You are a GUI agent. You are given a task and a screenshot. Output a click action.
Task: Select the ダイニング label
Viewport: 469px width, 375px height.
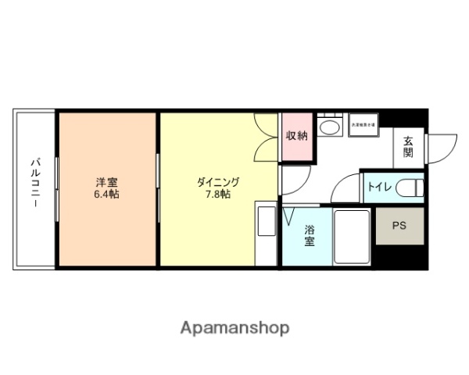(x=218, y=181)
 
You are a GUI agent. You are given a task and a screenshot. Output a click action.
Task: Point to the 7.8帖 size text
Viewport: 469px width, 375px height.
(x=218, y=194)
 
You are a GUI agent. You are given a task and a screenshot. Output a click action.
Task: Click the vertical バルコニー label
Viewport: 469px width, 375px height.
(x=34, y=188)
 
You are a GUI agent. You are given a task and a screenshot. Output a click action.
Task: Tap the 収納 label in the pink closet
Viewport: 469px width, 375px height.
(x=296, y=136)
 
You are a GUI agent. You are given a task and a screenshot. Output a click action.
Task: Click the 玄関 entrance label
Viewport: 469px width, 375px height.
(x=408, y=147)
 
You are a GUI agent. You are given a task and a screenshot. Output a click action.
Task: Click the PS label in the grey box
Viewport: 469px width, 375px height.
(x=399, y=226)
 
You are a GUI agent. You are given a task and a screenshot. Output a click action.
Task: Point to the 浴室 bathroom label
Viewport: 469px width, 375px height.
(x=309, y=235)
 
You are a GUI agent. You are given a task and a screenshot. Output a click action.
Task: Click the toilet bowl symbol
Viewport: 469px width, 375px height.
(x=410, y=187)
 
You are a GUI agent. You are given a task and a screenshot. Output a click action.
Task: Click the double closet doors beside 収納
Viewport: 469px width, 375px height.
(x=268, y=137)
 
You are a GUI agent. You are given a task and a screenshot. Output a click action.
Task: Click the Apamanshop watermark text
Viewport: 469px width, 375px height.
(x=234, y=327)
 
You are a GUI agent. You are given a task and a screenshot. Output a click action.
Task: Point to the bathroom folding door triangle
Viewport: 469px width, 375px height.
(x=288, y=213)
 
